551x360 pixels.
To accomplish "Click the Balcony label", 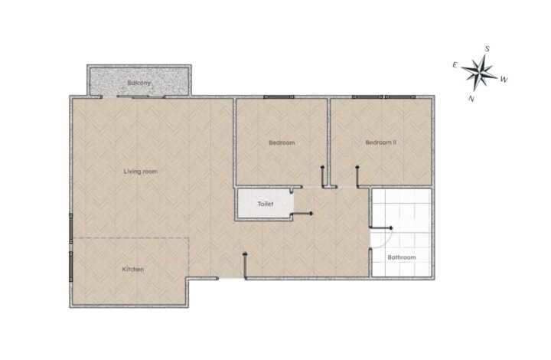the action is click(139, 83).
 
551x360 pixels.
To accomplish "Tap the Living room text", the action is click(141, 172).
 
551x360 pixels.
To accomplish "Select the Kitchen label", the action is click(133, 270).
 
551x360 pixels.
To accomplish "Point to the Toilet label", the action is click(266, 204).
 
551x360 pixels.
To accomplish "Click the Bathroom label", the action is click(402, 257).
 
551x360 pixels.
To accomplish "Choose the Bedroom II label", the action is click(381, 142).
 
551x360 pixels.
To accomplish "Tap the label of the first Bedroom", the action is click(282, 142).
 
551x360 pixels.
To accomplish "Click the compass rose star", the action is click(479, 72).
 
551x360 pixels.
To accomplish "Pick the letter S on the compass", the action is click(487, 49).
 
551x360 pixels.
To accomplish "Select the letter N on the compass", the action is click(471, 99).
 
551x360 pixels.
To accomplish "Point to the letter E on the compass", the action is click(455, 64).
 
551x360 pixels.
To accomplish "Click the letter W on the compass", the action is click(504, 80).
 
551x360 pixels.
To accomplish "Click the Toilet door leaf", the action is click(302, 214).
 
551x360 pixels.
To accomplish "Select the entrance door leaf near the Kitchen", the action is click(245, 266).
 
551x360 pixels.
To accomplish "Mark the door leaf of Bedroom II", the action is click(357, 176).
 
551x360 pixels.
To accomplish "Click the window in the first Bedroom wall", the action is click(279, 97).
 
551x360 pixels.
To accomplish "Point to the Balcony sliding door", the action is click(133, 97).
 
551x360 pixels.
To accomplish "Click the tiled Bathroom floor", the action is click(401, 232).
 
